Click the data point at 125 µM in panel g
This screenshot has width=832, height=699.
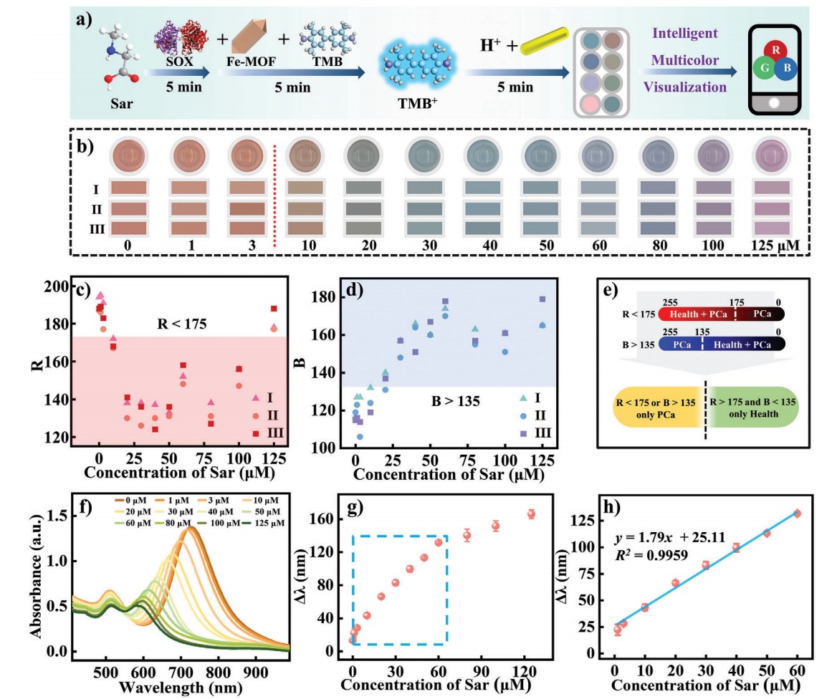coord(531,514)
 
